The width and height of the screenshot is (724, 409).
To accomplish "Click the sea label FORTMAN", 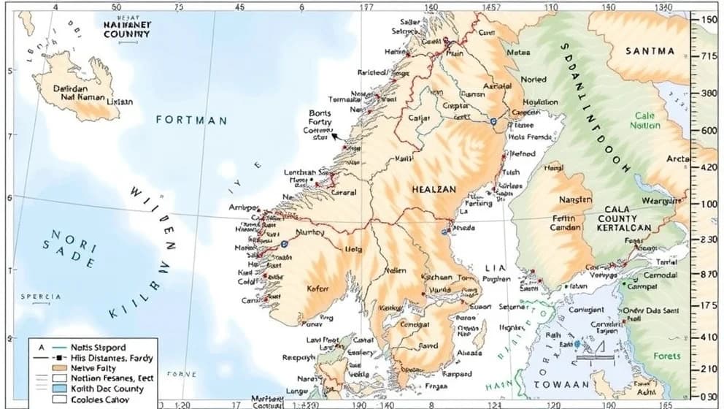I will (191, 121).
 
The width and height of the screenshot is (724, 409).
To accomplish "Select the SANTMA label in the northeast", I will (650, 51).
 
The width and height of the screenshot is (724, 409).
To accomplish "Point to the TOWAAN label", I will (563, 384).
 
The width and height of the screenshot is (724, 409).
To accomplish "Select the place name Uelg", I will (354, 249).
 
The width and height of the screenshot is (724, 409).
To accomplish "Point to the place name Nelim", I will (395, 271).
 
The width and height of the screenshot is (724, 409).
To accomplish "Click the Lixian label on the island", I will (120, 102).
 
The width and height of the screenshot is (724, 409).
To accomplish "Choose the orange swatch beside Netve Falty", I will (43, 368).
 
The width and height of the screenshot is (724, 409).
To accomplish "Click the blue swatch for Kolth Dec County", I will (43, 389).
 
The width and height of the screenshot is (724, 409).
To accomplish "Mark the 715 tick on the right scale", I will (708, 56).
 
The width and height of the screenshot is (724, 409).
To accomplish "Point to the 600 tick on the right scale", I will (708, 130).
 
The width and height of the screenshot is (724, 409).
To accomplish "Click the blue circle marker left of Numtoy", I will (284, 243).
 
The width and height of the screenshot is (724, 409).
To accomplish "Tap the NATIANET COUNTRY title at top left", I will (127, 28).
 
